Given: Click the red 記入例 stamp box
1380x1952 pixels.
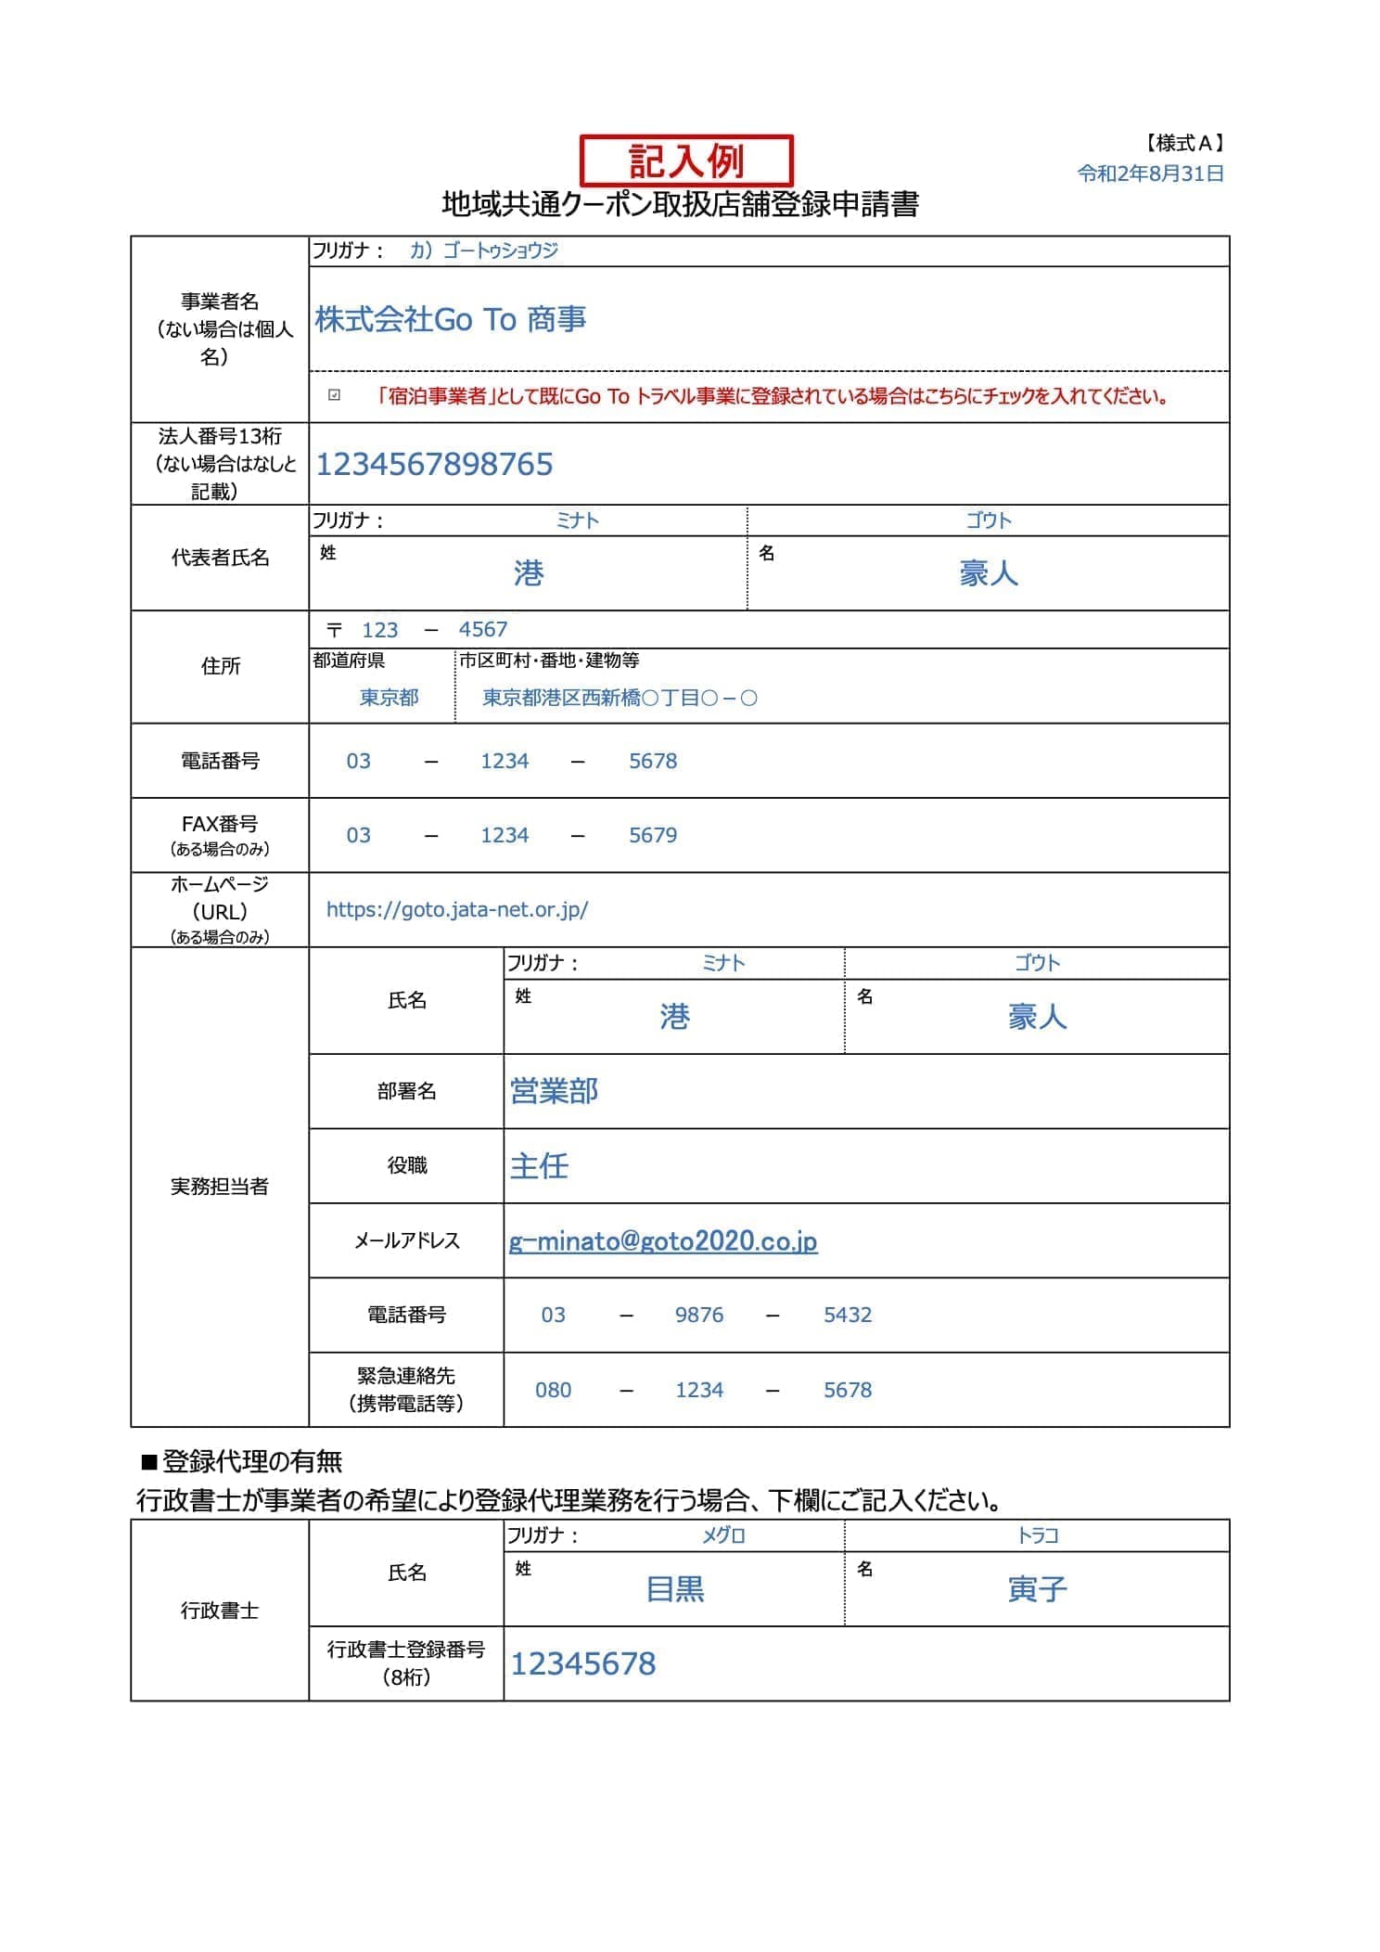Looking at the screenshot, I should coord(686,161).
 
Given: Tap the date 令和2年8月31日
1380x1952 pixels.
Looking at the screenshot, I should coord(1150,173).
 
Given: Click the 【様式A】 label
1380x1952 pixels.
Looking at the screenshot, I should coord(1184,143).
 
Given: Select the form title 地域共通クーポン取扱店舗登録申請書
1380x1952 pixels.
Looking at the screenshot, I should coord(680,204).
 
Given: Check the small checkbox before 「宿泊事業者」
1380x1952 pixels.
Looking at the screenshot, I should coord(335,396).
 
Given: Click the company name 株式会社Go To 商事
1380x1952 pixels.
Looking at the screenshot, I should coord(451,319).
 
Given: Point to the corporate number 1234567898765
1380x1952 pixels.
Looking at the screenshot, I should coord(434,464).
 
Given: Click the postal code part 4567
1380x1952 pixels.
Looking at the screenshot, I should coord(482,630).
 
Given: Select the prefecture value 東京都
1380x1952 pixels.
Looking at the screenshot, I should coord(389,698).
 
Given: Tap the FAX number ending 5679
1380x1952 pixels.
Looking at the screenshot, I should coord(653,835).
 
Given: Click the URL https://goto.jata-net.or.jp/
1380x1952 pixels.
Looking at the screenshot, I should coord(457,910).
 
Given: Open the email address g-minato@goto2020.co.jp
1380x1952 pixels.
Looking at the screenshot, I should coord(663,1241).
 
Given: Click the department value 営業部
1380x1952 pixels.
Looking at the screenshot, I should coord(554,1091).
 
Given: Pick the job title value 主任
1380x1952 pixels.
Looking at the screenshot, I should coord(539,1166).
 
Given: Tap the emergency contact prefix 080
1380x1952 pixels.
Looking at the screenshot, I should coord(553,1390).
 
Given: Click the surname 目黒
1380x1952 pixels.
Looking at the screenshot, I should coord(675,1590).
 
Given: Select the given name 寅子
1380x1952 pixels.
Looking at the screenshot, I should coord(1037,1590).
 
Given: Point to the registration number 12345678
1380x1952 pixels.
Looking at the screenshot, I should coord(583,1664).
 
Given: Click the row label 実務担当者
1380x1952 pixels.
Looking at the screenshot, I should coord(220,1187).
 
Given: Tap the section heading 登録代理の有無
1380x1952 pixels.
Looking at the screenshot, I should coord(251,1462).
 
